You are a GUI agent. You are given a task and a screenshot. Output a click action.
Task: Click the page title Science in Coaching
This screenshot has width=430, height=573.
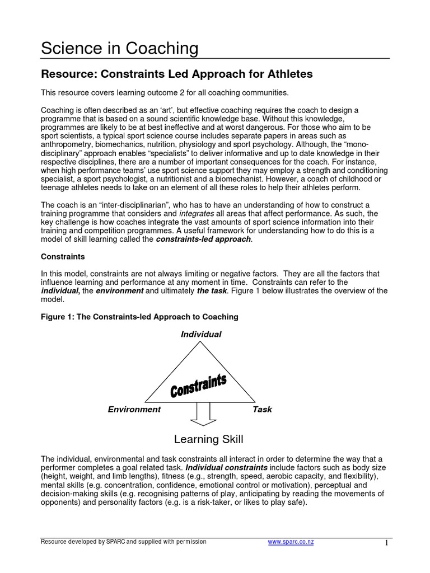tap(120, 49)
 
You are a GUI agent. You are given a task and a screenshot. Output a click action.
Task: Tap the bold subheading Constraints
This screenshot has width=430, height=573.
tap(63, 256)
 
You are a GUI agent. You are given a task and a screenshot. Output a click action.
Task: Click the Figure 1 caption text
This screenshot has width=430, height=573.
tap(140, 317)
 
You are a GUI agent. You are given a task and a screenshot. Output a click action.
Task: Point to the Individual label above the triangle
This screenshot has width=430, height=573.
tap(200, 334)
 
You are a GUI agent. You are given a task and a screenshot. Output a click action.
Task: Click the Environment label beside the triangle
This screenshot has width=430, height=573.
tap(134, 409)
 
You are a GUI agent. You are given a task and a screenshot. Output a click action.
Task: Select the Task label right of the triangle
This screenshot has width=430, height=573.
tap(262, 409)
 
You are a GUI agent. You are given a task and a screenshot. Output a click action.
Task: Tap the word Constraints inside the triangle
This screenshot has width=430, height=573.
tap(198, 387)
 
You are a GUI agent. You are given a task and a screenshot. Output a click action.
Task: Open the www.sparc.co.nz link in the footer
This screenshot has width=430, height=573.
tap(291, 542)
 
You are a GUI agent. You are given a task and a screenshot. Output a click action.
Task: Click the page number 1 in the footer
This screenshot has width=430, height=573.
tap(386, 543)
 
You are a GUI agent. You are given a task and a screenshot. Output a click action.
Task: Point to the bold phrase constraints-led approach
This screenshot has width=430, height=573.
tap(204, 239)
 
